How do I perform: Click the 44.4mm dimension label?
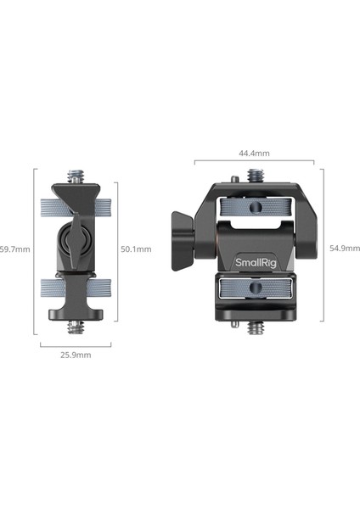tap(254, 154)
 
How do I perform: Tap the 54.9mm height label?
tap(345, 249)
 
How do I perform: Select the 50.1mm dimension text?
tap(136, 249)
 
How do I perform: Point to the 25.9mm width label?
tap(76, 355)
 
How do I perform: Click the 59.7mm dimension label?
tap(15, 249)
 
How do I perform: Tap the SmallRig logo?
tap(256, 263)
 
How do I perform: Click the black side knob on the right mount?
tap(183, 241)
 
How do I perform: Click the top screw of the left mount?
tap(76, 176)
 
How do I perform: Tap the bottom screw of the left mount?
tap(76, 327)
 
